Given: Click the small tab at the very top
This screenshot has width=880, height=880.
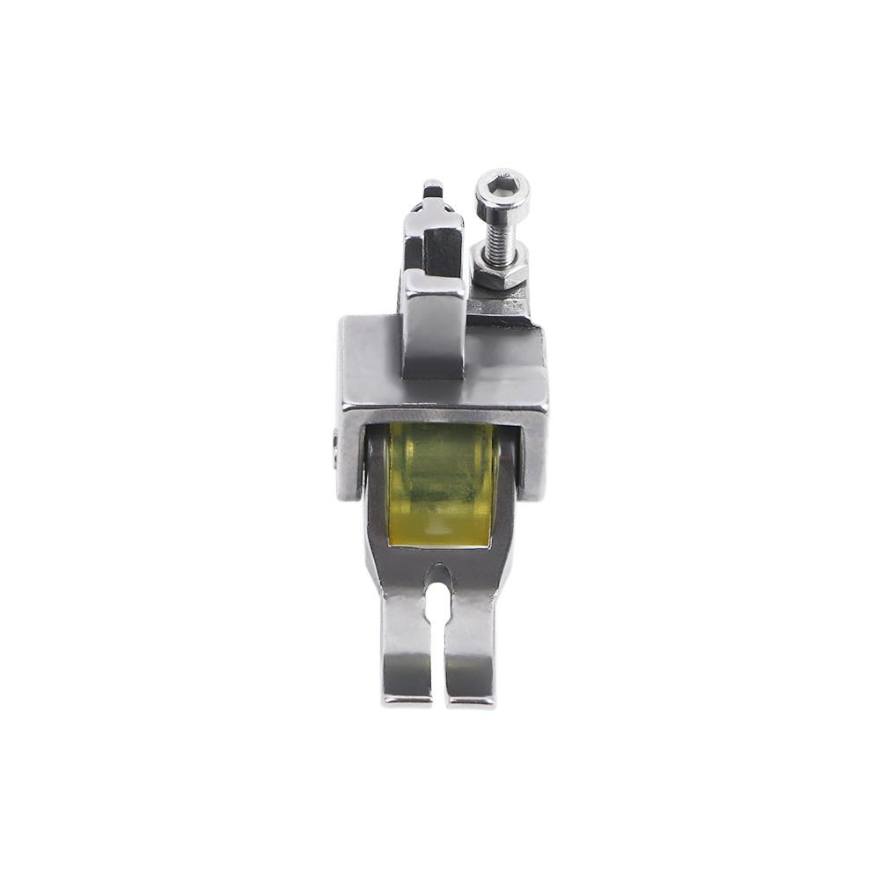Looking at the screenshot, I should (433, 188).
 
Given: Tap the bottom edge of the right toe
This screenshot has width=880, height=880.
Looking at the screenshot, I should (471, 701).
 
